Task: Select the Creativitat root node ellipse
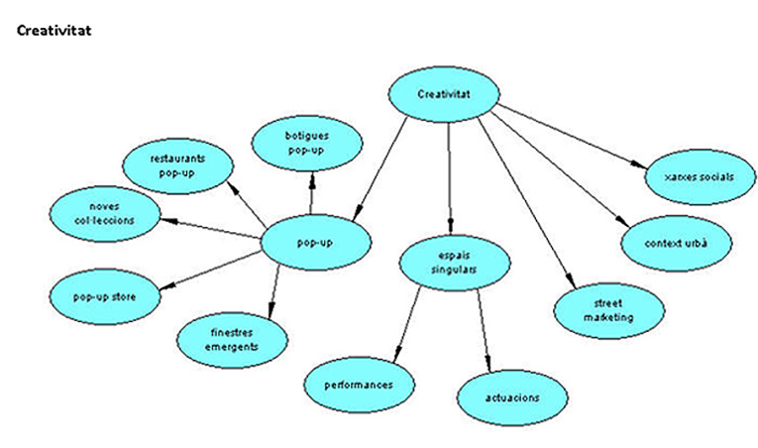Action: (x=443, y=95)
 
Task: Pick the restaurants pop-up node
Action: (x=179, y=166)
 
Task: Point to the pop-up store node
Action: (x=104, y=295)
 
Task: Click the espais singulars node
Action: (x=457, y=263)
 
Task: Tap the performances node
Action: (x=358, y=384)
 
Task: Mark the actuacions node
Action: (x=513, y=396)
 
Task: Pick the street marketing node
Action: (x=607, y=309)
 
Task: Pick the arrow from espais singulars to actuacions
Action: (x=484, y=328)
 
